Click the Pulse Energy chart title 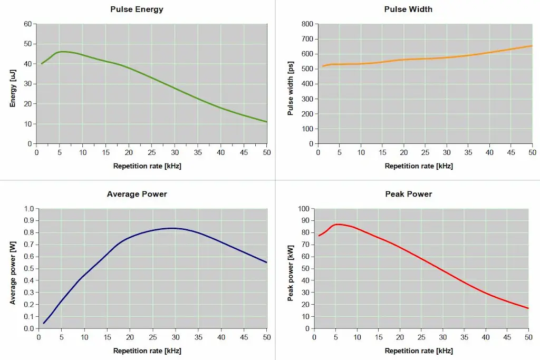[x=137, y=9]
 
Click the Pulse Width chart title [x=409, y=9]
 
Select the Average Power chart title [x=137, y=194]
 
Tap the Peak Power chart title [x=409, y=194]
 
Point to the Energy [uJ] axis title [x=13, y=83]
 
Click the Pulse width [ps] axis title [x=290, y=84]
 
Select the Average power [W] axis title [x=13, y=269]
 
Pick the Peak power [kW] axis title [x=290, y=269]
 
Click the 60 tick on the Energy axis [x=27, y=24]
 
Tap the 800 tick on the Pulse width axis [x=307, y=24]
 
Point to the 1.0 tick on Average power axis [x=28, y=209]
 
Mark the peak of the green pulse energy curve [x=63, y=51]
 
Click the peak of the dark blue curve [x=172, y=228]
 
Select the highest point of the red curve [x=337, y=224]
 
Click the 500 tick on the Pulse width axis [x=307, y=69]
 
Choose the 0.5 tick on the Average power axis [x=28, y=269]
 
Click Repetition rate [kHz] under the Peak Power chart [x=419, y=351]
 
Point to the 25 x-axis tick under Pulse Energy [x=151, y=153]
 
